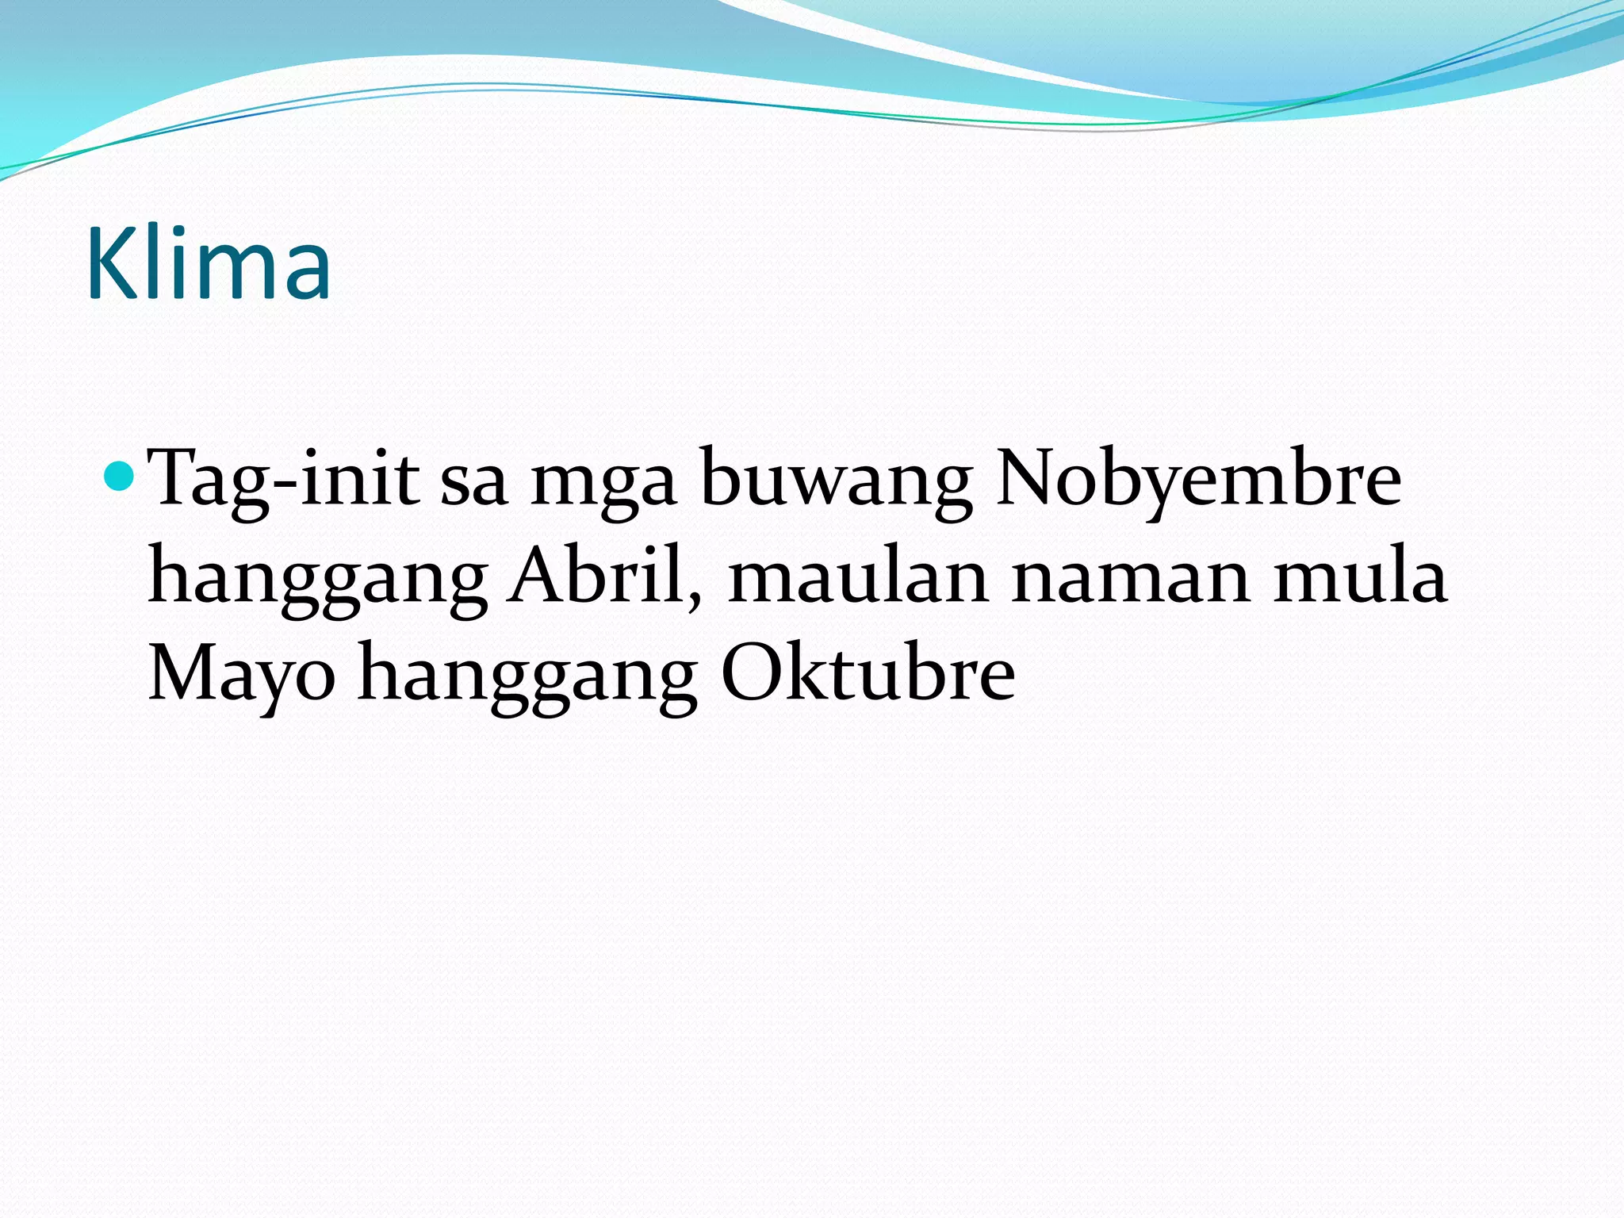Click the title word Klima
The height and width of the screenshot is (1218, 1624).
pyautogui.click(x=208, y=263)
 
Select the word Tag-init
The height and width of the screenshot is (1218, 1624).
pyautogui.click(x=283, y=478)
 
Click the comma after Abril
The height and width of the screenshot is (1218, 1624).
pyautogui.click(x=695, y=596)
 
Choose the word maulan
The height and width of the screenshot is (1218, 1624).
pyautogui.click(x=858, y=577)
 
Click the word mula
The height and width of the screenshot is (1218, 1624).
pyautogui.click(x=1360, y=577)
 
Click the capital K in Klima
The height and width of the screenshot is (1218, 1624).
pyautogui.click(x=112, y=263)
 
